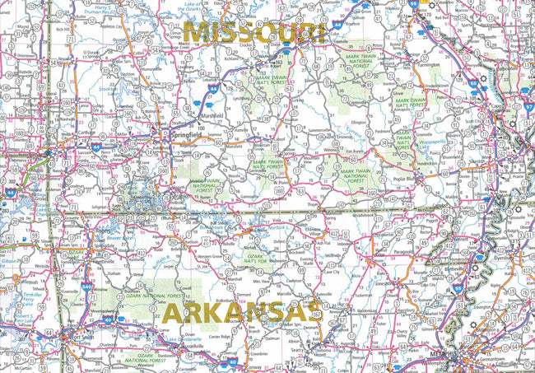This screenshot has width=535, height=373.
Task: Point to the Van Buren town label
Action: click(x=356, y=152)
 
